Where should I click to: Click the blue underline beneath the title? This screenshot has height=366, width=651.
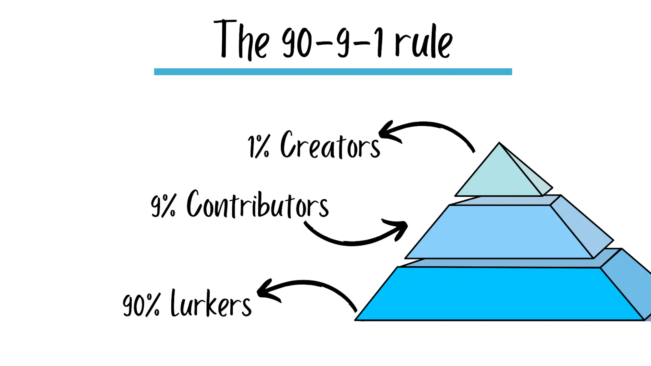tap(333, 72)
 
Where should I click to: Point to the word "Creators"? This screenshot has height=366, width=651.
tap(330, 145)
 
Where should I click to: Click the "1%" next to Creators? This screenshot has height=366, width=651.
tap(259, 146)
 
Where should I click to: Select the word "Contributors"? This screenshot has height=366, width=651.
tap(258, 205)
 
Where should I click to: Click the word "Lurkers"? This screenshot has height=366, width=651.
tap(211, 303)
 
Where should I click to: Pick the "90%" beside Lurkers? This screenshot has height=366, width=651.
tap(141, 305)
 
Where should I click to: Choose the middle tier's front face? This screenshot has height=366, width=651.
tap(498, 232)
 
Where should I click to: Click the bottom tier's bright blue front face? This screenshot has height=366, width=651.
tap(498, 294)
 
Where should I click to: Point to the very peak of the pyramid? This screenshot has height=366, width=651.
tap(500, 143)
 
